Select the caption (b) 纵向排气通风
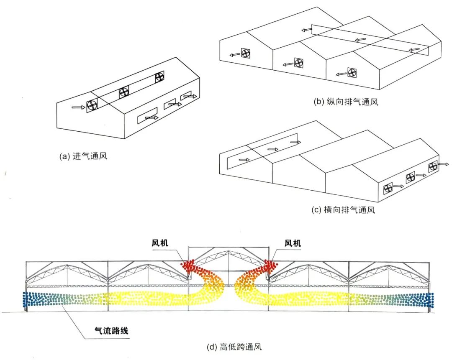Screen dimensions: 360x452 click(x=346, y=102)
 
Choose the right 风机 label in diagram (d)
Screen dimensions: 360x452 click(x=293, y=243)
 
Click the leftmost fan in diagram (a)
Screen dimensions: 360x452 click(x=92, y=105)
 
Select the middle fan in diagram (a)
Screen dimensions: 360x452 click(x=124, y=92)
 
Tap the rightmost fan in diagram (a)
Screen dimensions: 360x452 click(x=160, y=77)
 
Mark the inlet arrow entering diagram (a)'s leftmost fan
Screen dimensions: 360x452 click(x=78, y=107)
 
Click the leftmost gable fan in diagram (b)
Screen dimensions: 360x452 click(x=245, y=53)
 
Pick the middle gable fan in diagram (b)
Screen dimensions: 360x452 click(x=298, y=63)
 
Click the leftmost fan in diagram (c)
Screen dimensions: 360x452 click(x=389, y=188)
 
